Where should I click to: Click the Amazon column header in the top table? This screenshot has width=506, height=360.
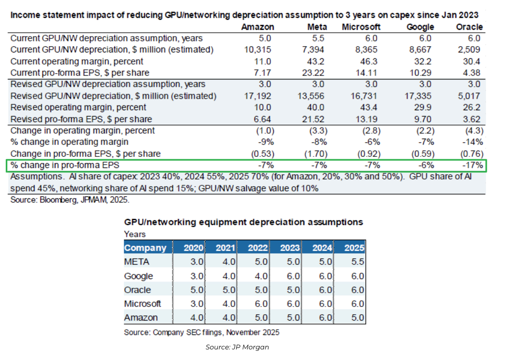coord(258,27)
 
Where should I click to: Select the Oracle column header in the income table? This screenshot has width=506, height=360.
coord(469,27)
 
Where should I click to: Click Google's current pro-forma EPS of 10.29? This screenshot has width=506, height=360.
coord(424,73)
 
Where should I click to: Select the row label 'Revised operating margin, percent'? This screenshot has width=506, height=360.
coord(78,107)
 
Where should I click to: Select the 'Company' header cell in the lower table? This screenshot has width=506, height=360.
coord(145,248)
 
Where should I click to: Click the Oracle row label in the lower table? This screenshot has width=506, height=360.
coord(138,290)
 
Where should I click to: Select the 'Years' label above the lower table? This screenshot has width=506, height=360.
coord(135,234)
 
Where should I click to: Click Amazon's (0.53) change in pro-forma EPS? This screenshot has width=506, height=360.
coord(263,154)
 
